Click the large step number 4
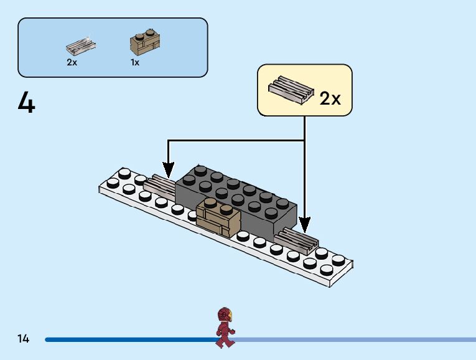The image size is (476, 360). coord(27,103)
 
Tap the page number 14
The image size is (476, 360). coord(24,339)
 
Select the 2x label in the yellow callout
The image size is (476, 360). coord(330,98)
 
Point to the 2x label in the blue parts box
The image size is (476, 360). coord(72,62)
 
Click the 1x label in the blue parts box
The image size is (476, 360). coord(135,62)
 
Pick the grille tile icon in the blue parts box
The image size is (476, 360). coord(81,45)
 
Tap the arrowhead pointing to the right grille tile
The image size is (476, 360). coord(304,223)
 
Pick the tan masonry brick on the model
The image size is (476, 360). coord(218,218)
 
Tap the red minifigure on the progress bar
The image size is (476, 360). coord(225,328)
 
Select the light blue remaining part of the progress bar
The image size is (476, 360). coord(355,339)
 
